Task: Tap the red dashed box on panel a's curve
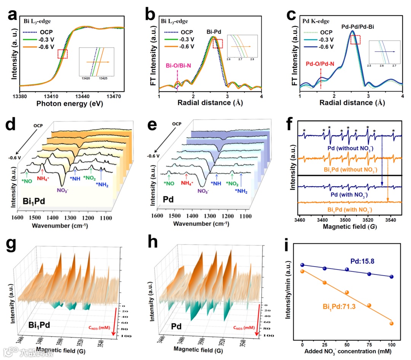tap(62, 54)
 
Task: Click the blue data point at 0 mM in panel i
tap(303, 265)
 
